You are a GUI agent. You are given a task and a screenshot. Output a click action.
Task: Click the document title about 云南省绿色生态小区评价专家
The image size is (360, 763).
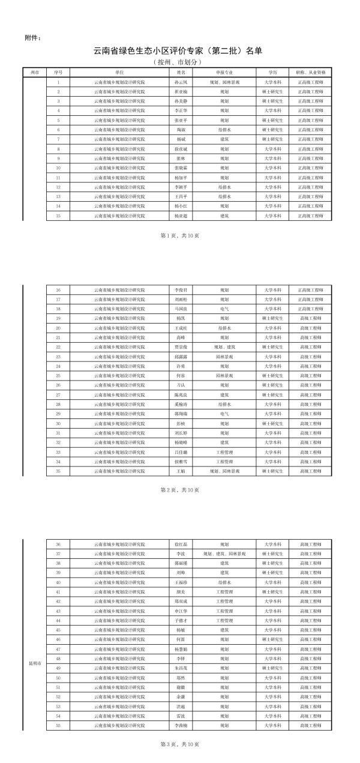178,52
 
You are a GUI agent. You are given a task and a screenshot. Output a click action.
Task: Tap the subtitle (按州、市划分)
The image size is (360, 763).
178,62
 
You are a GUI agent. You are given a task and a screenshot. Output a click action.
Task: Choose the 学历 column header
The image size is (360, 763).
273,71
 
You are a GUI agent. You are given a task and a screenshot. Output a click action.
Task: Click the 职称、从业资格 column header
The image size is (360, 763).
310,71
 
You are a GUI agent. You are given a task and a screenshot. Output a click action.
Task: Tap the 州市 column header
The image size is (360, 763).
34,71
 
